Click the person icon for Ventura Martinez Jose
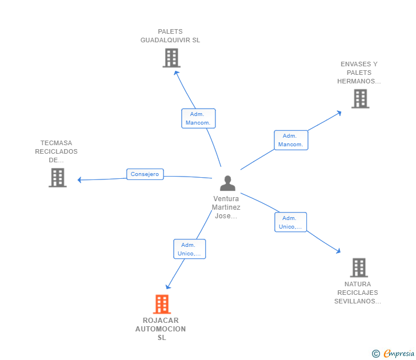click(x=227, y=183)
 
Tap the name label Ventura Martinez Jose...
click(x=226, y=207)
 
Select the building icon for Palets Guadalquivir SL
click(x=171, y=58)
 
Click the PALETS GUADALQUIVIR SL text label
click(x=170, y=36)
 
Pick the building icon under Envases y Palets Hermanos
click(x=360, y=99)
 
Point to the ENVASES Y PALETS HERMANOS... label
click(x=359, y=73)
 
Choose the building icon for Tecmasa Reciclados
click(x=57, y=178)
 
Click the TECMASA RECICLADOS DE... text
click(x=56, y=151)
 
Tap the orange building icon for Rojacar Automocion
click(x=162, y=304)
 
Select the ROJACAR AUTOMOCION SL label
click(x=161, y=329)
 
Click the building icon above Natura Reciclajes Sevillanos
click(x=358, y=267)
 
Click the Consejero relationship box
click(x=145, y=174)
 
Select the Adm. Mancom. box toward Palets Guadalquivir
click(x=198, y=118)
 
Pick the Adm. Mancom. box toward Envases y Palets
click(x=291, y=140)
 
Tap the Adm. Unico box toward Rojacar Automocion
click(x=189, y=249)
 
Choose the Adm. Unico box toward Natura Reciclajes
click(x=290, y=222)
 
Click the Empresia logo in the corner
click(x=398, y=354)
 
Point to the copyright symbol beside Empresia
click(x=376, y=354)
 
